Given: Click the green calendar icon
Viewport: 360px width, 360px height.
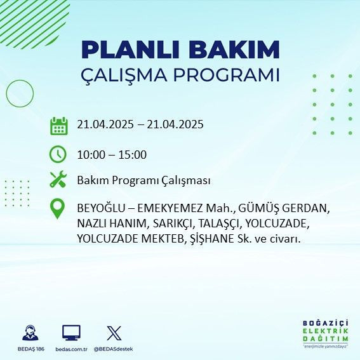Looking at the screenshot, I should point(58,125).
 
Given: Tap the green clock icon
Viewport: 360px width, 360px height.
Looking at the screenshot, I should point(58,154).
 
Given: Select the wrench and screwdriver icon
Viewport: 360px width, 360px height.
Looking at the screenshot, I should point(58,180).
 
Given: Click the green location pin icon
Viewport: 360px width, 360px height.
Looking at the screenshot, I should point(58,209).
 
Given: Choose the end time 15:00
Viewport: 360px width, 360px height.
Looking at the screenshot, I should point(133,155).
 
